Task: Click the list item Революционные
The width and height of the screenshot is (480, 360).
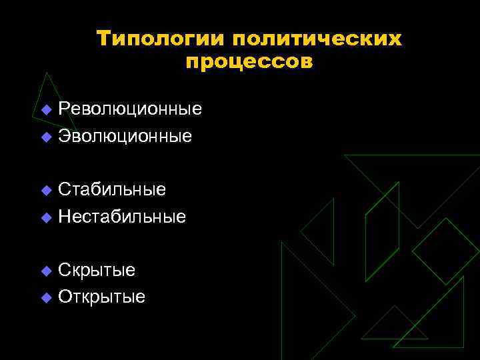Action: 130,109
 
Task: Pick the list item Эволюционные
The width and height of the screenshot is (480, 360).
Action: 125,137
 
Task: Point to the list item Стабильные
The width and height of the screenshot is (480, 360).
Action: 112,189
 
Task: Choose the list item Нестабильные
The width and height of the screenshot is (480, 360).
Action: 122,217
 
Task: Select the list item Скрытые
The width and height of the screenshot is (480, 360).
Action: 97,270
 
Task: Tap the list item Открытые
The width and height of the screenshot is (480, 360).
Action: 101,297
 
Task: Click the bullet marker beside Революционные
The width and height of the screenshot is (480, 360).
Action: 45,110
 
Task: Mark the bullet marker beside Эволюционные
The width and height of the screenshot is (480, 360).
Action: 45,137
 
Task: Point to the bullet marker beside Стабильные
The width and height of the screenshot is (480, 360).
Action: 45,191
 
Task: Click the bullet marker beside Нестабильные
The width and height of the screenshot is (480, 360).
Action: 45,218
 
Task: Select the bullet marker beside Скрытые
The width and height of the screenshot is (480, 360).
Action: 45,271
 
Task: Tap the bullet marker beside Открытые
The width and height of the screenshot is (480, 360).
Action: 45,298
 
